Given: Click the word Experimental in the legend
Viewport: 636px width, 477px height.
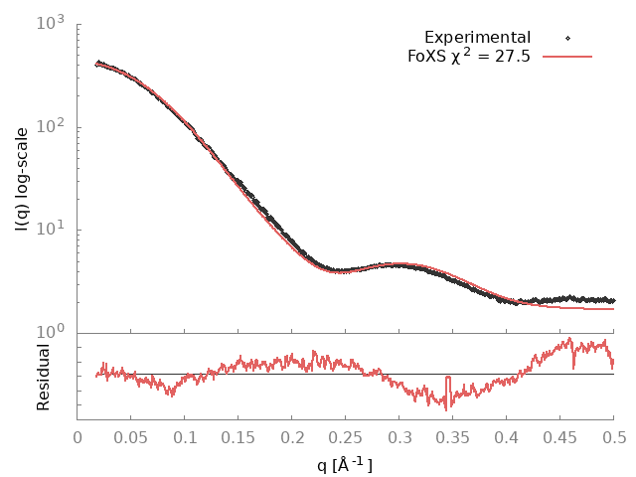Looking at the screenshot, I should (x=477, y=38).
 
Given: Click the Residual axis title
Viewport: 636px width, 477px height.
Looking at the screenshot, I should (x=43, y=377).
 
